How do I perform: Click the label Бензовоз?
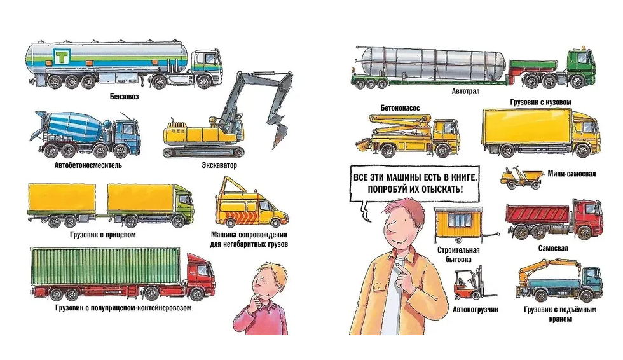[x=125, y=97]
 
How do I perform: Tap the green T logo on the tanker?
[x=62, y=57]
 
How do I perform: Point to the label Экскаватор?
[x=219, y=165]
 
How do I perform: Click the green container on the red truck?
[x=106, y=266]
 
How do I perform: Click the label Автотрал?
[x=465, y=92]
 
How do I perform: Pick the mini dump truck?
[x=521, y=177]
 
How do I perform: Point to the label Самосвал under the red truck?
[x=553, y=248]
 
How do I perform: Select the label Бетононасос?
[x=400, y=108]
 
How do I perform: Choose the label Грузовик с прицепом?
[x=103, y=235]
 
